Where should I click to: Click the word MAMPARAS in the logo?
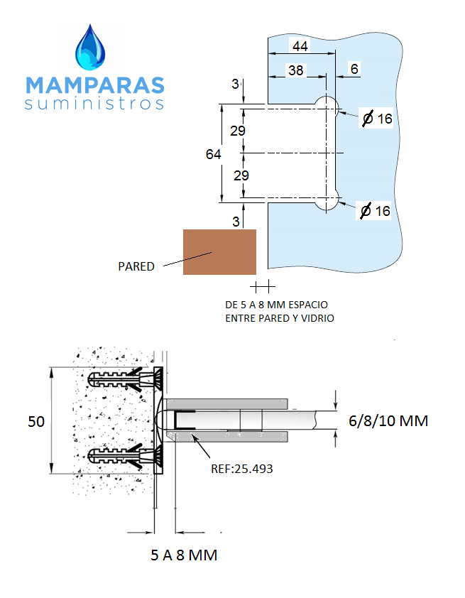pyautogui.click(x=95, y=85)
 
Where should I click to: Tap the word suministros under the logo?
pyautogui.click(x=95, y=104)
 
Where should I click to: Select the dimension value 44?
pyautogui.click(x=300, y=46)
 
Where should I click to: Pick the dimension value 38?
pyautogui.click(x=295, y=70)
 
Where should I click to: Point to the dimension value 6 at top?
pyautogui.click(x=354, y=69)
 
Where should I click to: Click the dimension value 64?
pyautogui.click(x=213, y=153)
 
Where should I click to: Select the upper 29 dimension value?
pyautogui.click(x=238, y=131)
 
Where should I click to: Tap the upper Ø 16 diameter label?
pyautogui.click(x=376, y=119)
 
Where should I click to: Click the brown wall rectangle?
pyautogui.click(x=219, y=251)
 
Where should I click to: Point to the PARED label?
pyautogui.click(x=136, y=266)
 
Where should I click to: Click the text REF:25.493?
pyautogui.click(x=241, y=469)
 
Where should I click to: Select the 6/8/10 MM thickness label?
pyautogui.click(x=388, y=421)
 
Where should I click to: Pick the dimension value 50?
pyautogui.click(x=36, y=421)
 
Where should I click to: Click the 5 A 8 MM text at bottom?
pyautogui.click(x=184, y=555)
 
